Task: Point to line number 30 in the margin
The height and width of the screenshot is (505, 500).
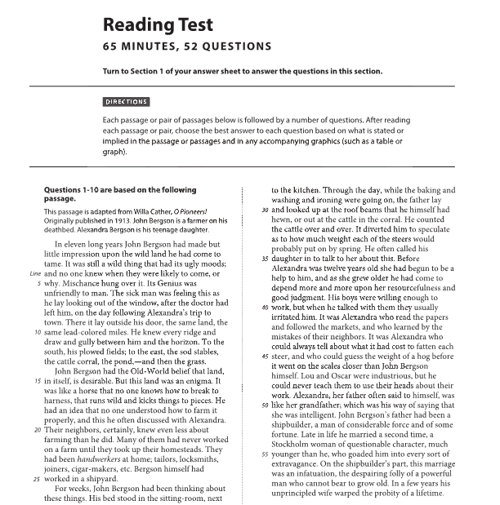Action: [265, 209]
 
